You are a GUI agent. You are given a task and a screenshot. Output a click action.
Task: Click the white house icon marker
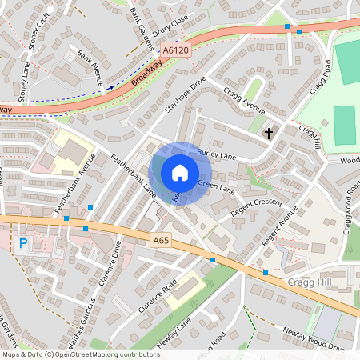180,173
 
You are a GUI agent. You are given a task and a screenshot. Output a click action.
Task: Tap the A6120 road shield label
175,50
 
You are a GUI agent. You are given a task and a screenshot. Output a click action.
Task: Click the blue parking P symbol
22,242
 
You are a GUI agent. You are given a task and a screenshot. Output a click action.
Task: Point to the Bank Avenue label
91,68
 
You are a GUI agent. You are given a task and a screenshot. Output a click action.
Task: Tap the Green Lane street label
216,188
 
